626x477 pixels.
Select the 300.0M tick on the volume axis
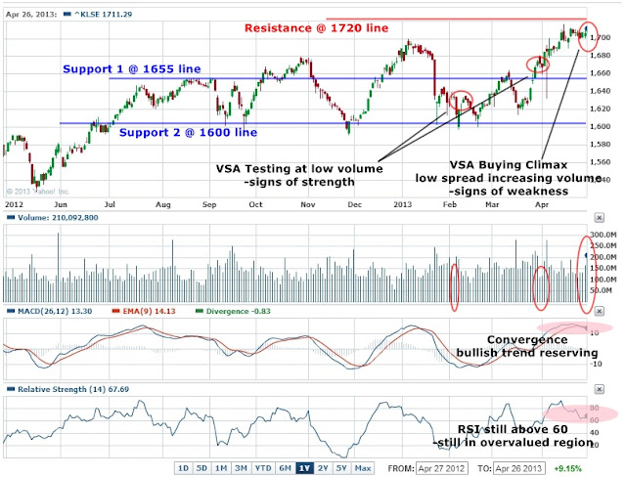[x=601, y=235]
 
